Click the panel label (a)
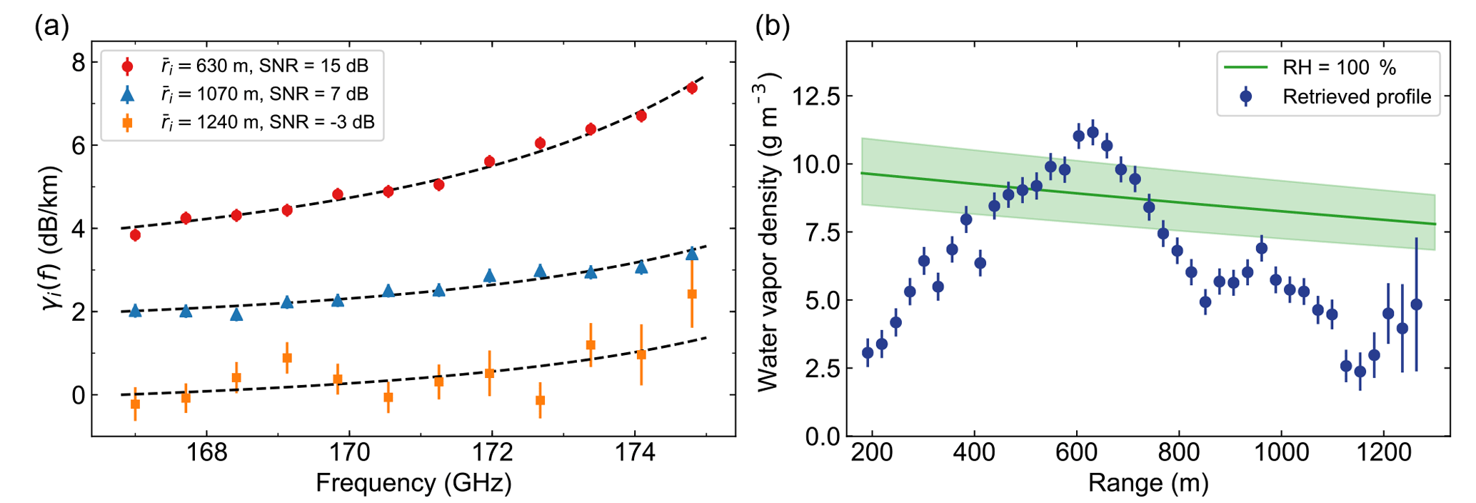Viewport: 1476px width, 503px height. click(52, 27)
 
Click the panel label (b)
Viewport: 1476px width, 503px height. click(773, 27)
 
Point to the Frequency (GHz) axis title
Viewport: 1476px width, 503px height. click(413, 484)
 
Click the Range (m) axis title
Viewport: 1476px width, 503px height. click(1148, 484)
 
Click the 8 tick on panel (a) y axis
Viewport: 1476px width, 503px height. click(78, 63)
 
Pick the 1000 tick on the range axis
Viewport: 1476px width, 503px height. click(1280, 453)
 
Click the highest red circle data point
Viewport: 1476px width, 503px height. click(691, 88)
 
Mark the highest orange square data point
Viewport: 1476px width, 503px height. click(691, 294)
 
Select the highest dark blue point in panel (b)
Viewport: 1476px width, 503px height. click(1093, 133)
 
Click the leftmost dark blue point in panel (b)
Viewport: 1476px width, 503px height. click(868, 352)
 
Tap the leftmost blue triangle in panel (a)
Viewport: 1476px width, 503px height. click(135, 311)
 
